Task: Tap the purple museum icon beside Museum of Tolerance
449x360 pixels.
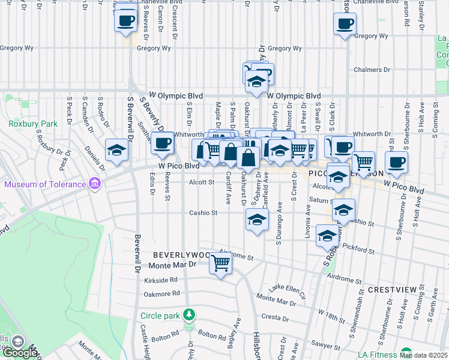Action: point(94,183)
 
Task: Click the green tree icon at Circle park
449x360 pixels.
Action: point(190,314)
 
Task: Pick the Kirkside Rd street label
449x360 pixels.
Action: point(161,280)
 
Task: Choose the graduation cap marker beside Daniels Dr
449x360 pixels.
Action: point(116,150)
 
